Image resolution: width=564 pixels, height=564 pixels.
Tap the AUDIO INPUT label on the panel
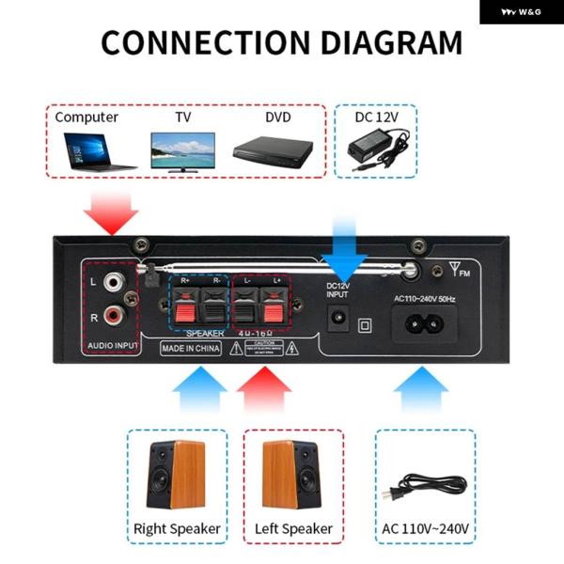click(112, 347)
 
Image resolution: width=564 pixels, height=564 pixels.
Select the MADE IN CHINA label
click(189, 348)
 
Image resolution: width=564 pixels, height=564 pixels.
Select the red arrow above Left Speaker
click(265, 387)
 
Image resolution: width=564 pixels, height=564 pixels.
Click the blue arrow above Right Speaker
click(199, 387)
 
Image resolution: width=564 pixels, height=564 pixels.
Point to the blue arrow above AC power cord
click(421, 387)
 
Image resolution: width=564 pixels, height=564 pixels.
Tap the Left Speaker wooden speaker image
click(292, 475)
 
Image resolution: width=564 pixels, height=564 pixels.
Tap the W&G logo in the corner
click(521, 11)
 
